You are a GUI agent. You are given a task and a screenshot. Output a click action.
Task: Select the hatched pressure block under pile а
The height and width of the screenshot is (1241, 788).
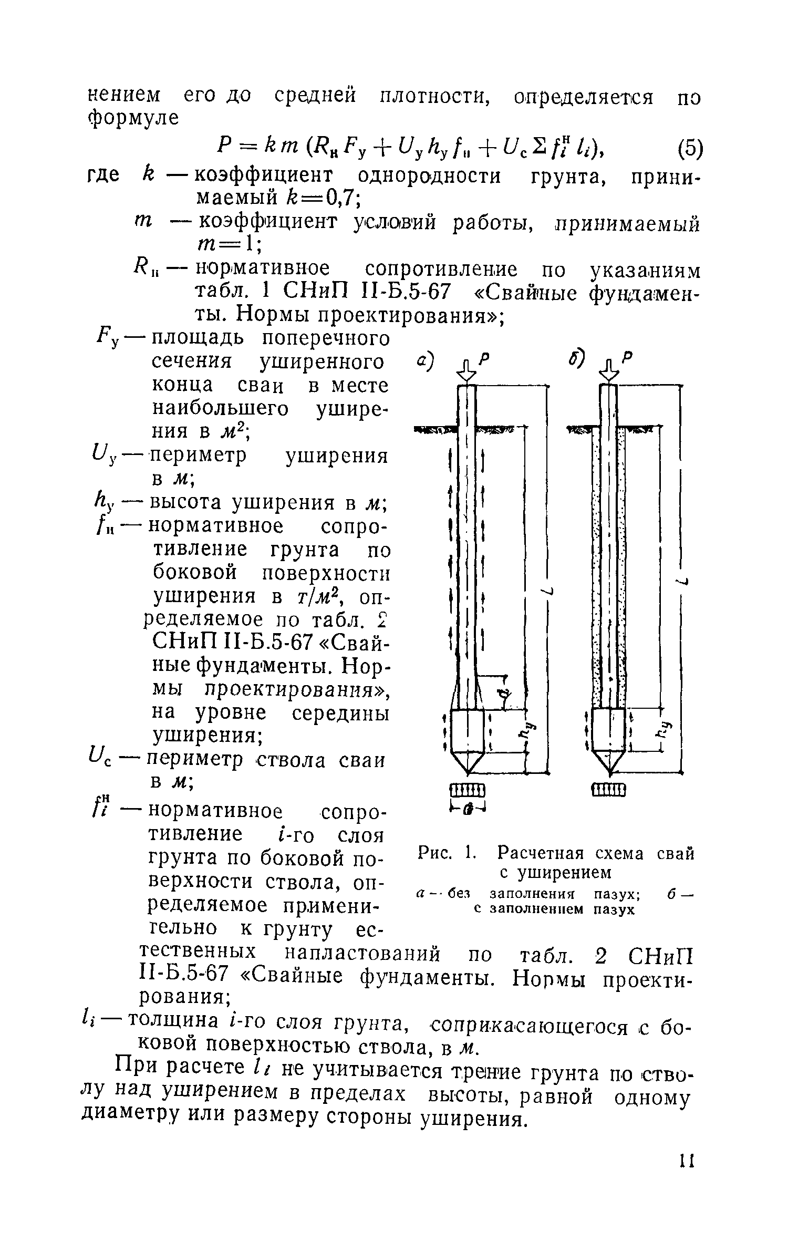coord(467,790)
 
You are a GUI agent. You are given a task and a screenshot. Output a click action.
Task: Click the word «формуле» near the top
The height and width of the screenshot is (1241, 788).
coord(133,118)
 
